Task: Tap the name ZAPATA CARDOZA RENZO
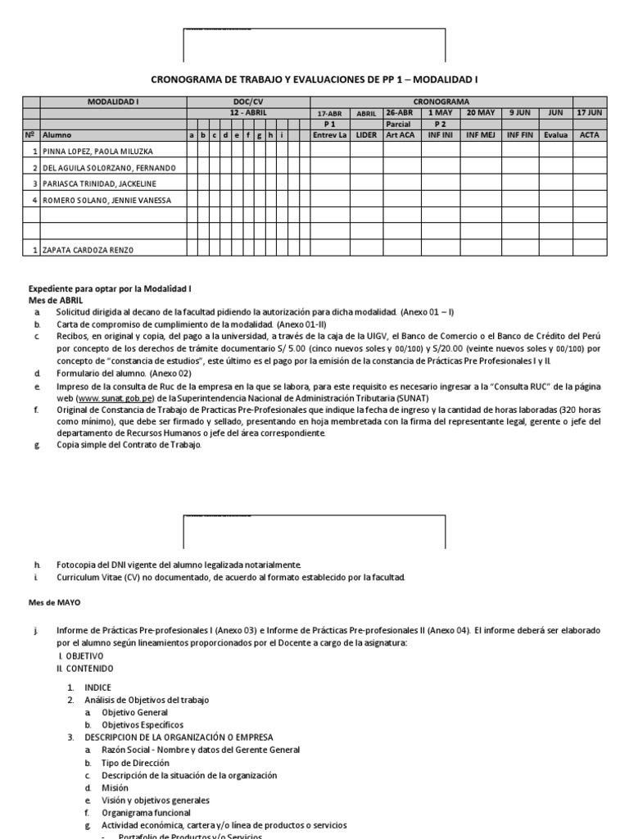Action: click(x=88, y=250)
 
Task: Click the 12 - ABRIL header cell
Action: click(x=247, y=112)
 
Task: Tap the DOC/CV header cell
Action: click(x=247, y=102)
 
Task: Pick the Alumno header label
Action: click(x=57, y=134)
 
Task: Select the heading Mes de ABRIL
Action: click(x=52, y=301)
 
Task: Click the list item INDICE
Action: click(x=97, y=687)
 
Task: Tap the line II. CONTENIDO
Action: click(x=80, y=668)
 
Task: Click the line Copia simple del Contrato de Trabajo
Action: click(x=128, y=445)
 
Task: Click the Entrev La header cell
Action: click(x=330, y=134)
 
